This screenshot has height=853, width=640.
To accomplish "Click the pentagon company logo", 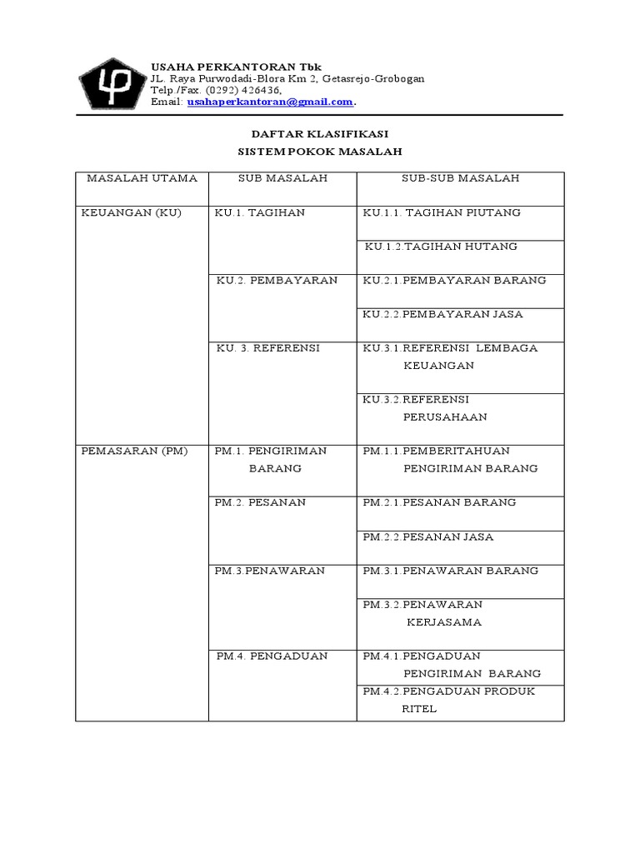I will [x=111, y=83].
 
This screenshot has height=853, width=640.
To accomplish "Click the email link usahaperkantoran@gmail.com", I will [x=271, y=102].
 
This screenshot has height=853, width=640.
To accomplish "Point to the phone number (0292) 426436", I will [x=244, y=90].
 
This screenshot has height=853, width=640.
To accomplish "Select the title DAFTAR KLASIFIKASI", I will [x=320, y=133].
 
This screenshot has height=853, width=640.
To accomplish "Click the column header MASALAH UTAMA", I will [x=142, y=178].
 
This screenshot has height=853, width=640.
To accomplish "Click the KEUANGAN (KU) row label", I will [x=131, y=212].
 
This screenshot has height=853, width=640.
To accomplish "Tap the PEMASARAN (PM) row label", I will [x=134, y=451].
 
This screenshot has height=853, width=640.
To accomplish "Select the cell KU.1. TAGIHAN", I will [x=260, y=212].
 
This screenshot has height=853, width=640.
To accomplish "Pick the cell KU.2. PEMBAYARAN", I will [x=277, y=280].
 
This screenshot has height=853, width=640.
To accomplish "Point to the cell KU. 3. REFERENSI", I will [x=267, y=348].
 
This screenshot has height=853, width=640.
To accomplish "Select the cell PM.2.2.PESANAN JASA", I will [x=428, y=536].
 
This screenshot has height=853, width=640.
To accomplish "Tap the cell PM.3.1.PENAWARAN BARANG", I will [x=451, y=571].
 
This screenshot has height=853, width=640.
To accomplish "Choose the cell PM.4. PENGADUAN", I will [x=272, y=656].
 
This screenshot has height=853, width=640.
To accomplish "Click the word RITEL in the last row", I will [x=419, y=709].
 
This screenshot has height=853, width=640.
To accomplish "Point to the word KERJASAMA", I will [x=444, y=622].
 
